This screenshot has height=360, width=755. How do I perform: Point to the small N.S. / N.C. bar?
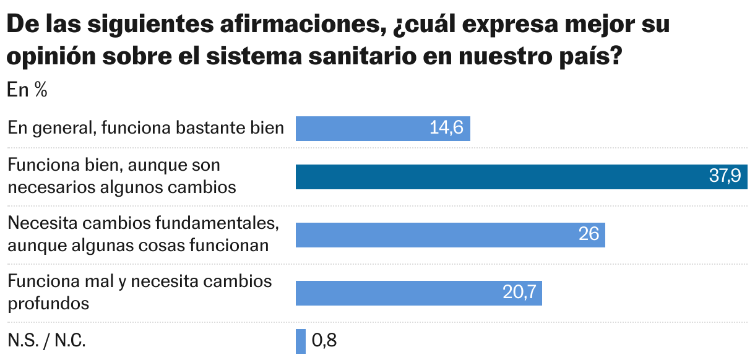coord(301,341)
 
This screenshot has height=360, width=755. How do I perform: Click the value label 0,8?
coord(324,341)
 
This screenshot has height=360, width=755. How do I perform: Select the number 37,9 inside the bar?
coord(725,177)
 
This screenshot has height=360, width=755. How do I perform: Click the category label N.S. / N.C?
coord(47,341)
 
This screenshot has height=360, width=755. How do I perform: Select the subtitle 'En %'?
coord(27,90)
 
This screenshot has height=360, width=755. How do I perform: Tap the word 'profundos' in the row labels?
coord(48,303)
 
